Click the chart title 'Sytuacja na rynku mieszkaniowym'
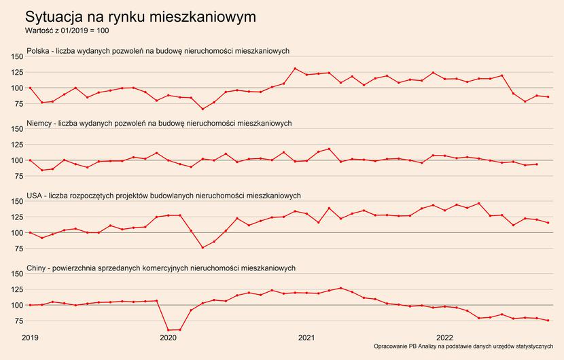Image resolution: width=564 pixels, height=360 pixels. tap(141, 16)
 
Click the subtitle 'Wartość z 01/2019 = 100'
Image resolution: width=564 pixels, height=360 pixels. tap(67, 31)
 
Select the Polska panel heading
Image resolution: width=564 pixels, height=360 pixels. tap(158, 51)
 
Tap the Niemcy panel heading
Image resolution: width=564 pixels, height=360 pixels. tap(159, 123)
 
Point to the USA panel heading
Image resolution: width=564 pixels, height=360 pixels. tap(163, 196)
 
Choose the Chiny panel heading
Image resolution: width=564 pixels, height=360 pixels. tap(160, 268)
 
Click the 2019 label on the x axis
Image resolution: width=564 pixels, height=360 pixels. tap(30, 337)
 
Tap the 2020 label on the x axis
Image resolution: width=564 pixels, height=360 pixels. tap(168, 337)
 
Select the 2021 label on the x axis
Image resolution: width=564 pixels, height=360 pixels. tap(306, 337)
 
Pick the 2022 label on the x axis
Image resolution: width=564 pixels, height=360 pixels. tap(444, 337)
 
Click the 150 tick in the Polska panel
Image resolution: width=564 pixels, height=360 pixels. tap(15, 56)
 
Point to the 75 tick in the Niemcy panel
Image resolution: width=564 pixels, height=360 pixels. tap(17, 176)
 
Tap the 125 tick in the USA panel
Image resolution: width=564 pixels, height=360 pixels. tap(15, 217)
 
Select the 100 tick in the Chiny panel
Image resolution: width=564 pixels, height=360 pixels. tap(15, 305)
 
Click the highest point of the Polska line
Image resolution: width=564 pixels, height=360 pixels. tap(295, 69)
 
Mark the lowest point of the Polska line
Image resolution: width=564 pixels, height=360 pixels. tap(202, 109)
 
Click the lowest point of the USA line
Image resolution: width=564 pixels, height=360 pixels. tap(202, 247)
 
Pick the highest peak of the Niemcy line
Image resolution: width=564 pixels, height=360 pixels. tap(330, 149)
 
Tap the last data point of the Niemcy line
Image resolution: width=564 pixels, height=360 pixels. tap(537, 164)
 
